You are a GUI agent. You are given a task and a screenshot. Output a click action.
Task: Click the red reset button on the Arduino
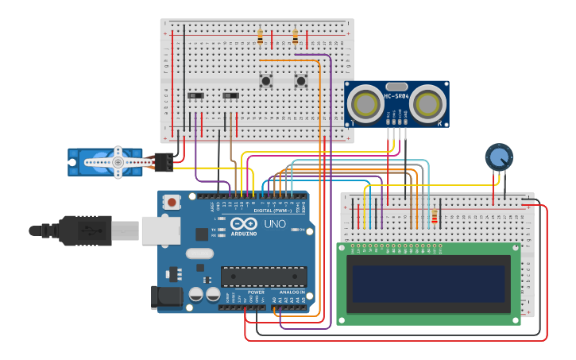172,203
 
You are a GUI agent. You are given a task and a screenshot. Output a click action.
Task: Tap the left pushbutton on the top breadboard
265,80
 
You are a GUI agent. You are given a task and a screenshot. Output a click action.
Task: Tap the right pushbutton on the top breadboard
301,80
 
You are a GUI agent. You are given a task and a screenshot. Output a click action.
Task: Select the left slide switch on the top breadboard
194,96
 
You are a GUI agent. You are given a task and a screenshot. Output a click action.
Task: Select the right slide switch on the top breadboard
230,96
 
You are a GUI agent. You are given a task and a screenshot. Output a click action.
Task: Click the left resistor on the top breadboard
260,37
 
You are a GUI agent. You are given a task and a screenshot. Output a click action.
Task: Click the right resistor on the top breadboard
296,37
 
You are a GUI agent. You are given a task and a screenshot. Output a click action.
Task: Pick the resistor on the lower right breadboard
435,216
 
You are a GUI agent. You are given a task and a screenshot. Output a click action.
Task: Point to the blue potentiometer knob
499,157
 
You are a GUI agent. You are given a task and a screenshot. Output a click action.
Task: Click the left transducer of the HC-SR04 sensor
365,103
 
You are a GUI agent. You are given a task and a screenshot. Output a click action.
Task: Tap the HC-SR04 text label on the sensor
396,97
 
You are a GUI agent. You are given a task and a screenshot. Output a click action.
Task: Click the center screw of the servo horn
118,162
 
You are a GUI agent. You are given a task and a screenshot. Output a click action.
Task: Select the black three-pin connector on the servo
164,161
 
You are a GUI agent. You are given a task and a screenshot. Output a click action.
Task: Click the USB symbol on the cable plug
90,230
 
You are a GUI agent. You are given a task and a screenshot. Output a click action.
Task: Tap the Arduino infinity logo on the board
244,224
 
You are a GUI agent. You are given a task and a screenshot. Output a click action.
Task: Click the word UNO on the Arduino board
274,224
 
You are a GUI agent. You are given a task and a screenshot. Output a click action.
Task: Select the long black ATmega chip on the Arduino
264,277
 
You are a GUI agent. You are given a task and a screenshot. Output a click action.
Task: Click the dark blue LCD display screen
429,284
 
